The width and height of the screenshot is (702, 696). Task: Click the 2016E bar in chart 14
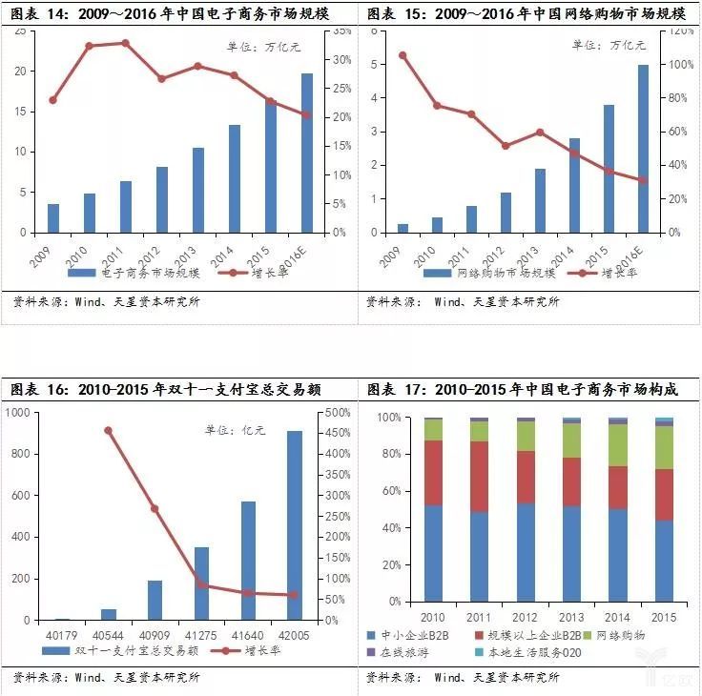(307, 153)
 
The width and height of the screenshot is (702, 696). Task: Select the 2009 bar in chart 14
(53, 218)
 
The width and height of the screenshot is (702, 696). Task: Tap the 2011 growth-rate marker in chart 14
(125, 43)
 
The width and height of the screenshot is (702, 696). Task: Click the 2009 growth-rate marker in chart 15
(402, 55)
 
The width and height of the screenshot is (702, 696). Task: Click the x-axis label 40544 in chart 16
(109, 634)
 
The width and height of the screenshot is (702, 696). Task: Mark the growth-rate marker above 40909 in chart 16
(155, 508)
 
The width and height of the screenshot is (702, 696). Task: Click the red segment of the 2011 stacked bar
(478, 477)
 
